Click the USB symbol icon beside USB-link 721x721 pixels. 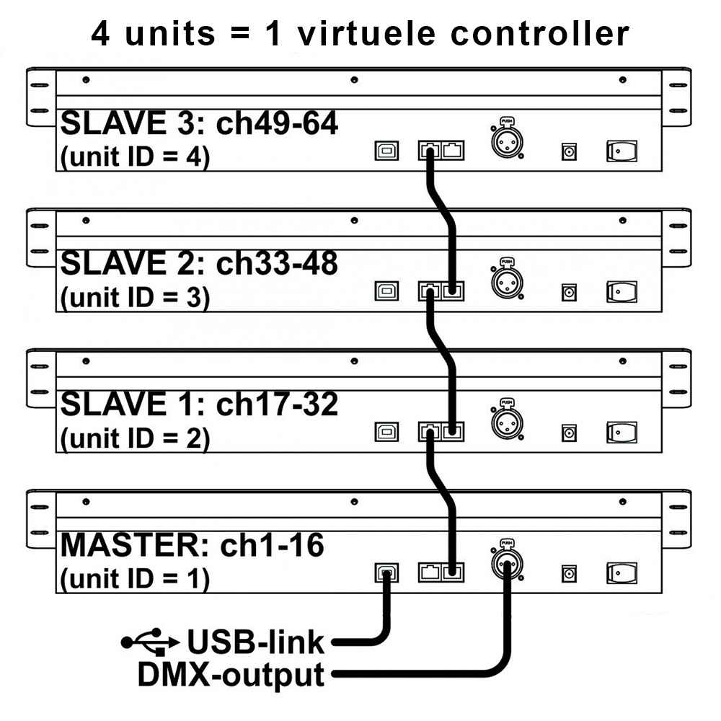click(150, 642)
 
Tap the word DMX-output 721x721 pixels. click(231, 675)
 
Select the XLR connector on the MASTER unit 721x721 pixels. click(507, 563)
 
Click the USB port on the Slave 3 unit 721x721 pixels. click(386, 151)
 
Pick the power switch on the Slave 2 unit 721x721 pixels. click(622, 291)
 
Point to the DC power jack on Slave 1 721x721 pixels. click(570, 433)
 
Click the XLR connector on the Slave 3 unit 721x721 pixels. click(507, 141)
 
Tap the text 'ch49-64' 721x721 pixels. click(278, 123)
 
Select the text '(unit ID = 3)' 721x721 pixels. click(136, 298)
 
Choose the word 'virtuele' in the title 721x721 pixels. click(366, 34)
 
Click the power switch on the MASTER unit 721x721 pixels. click(622, 573)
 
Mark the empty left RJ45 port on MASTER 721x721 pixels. click(430, 572)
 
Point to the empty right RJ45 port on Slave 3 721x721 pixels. click(453, 151)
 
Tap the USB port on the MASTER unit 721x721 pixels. click(386, 573)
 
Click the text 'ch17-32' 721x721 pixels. click(278, 404)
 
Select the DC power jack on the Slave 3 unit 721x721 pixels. click(570, 151)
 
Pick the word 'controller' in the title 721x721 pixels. click(540, 34)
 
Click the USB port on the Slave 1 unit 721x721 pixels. click(386, 432)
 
